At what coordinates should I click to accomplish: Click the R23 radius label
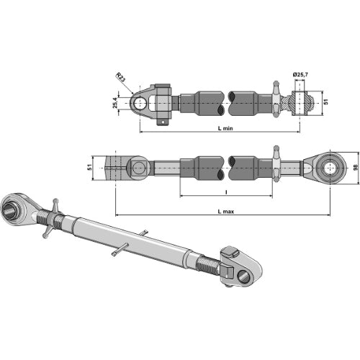click(122, 76)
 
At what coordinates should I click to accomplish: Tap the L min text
click(224, 127)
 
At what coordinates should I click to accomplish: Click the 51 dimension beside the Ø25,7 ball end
click(325, 102)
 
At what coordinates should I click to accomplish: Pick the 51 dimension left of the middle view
click(89, 167)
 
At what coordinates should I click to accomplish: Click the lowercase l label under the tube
click(227, 192)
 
